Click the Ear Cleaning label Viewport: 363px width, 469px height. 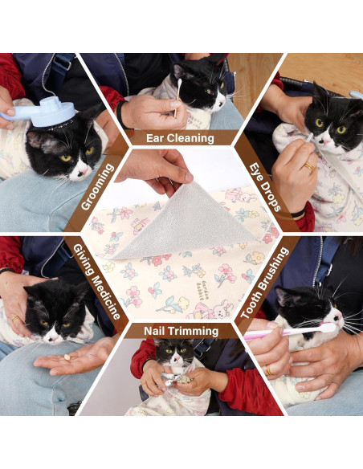(x=180, y=138)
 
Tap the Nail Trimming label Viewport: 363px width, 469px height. (x=181, y=331)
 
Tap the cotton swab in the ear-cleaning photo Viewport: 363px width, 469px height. (x=177, y=96)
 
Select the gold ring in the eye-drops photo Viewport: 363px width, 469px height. (x=309, y=167)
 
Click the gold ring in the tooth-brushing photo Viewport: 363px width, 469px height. (x=267, y=369)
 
